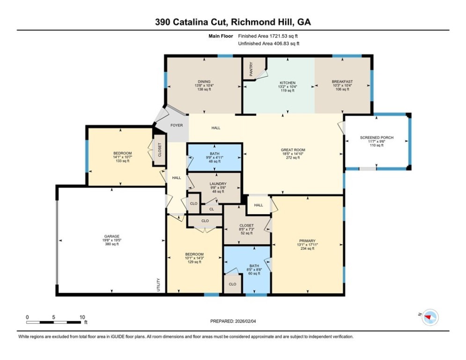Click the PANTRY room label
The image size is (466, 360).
tap(251, 69)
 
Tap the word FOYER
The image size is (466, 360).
tap(177, 125)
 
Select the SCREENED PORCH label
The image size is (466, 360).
tap(377, 137)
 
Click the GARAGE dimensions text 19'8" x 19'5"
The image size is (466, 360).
tap(112, 240)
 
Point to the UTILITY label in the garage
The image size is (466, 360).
tap(158, 285)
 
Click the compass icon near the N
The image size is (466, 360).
tap(430, 317)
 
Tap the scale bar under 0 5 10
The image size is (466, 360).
tap(53, 322)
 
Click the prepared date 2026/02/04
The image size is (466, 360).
tap(245, 321)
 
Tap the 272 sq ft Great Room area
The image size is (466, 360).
tap(293, 157)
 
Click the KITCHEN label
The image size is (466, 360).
tap(288, 82)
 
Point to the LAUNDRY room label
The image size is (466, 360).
tap(218, 184)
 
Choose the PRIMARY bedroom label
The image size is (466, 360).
tap(307, 240)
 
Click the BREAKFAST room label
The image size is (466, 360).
tap(342, 82)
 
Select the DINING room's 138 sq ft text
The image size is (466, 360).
tap(204, 89)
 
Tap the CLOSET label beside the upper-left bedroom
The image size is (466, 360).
tap(160, 150)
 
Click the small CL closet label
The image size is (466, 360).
tap(212, 209)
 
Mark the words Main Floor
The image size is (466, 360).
tap(221, 36)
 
